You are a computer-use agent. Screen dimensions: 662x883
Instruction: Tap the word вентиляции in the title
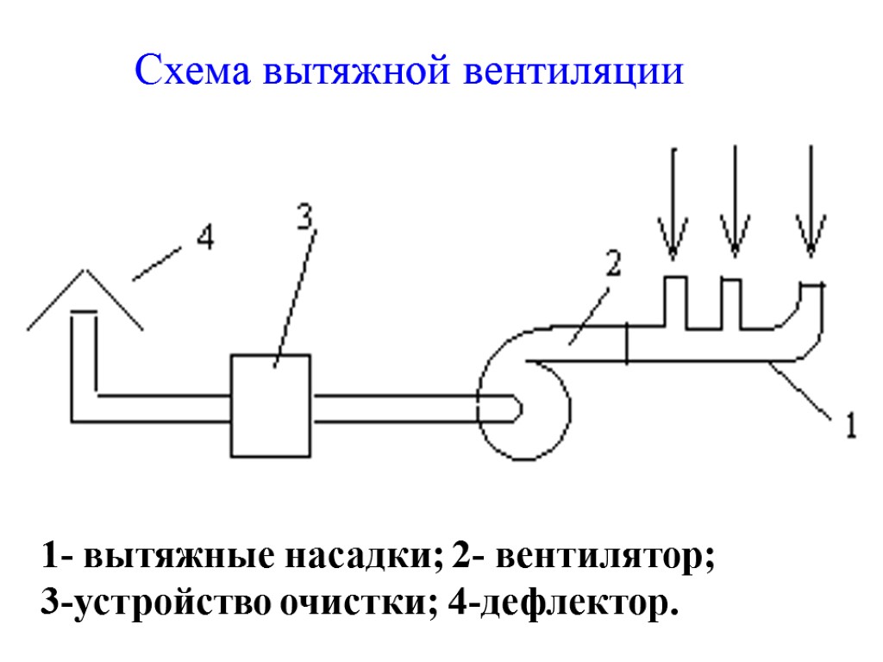coord(574,72)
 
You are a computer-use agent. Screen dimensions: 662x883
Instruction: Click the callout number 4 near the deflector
coord(204,236)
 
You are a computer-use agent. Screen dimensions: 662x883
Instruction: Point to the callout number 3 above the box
coord(304,217)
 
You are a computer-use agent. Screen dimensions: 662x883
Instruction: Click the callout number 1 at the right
coord(849,425)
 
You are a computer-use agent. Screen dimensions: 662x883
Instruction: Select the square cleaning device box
coord(271,404)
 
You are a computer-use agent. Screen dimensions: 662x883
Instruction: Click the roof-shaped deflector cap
coord(85,298)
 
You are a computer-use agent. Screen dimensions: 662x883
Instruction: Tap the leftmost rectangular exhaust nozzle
coord(674,302)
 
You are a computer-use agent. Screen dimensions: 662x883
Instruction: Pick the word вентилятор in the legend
coord(604,556)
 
